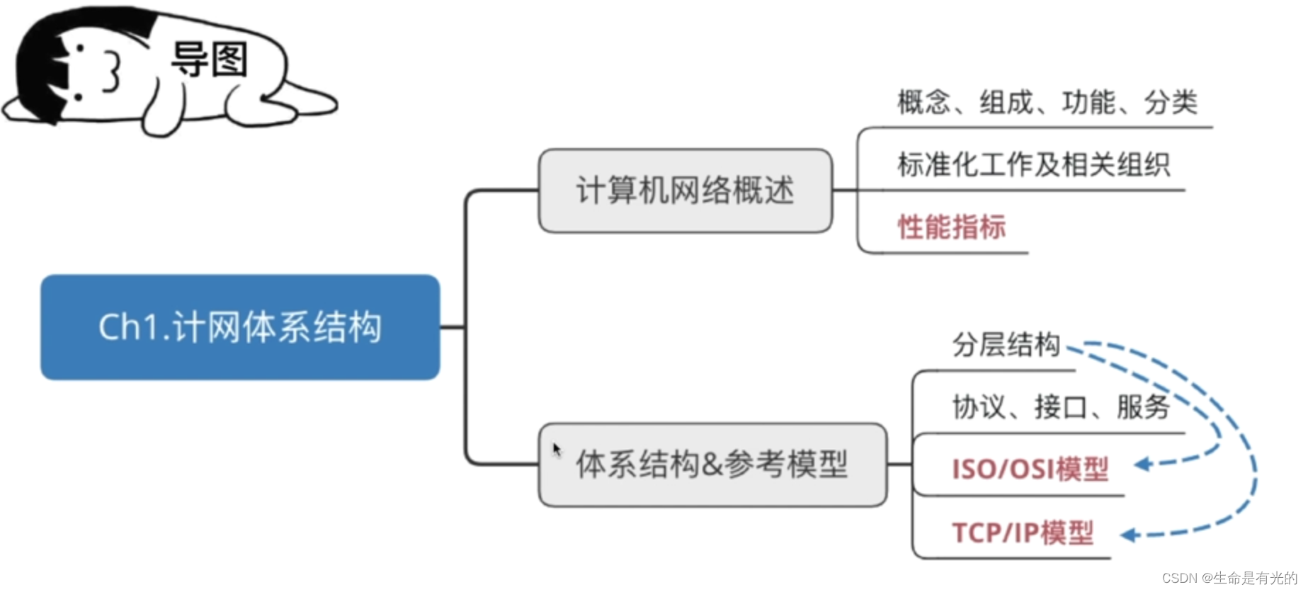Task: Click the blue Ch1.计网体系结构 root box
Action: pos(240,327)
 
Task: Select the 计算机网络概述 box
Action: pos(685,190)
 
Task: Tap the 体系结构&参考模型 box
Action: pos(712,465)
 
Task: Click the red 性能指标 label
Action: pos(952,227)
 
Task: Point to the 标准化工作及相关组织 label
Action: pos(1033,164)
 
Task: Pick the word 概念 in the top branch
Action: pos(923,102)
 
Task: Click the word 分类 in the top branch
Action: pos(1171,102)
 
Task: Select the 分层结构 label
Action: pos(1006,345)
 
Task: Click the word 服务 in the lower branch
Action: pos(1143,407)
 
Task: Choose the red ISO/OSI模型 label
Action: pos(1030,469)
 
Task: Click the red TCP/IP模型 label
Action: pos(1023,533)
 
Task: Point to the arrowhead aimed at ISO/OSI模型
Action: pos(1141,465)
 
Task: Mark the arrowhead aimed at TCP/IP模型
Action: pos(1128,535)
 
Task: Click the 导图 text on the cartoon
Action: pos(209,59)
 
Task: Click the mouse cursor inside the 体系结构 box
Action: pos(557,449)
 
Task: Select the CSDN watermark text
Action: pos(1229,578)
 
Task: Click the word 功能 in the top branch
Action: pos(1088,102)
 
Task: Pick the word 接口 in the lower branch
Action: pos(1061,407)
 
